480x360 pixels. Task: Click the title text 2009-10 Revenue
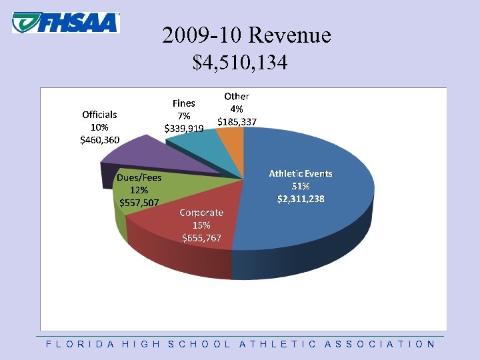[246, 35]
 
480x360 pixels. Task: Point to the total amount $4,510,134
[240, 63]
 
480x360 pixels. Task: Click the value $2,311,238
[301, 198]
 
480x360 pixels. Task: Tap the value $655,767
[202, 237]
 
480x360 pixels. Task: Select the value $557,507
[139, 203]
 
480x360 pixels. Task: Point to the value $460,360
[99, 139]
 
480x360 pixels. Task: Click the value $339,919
[184, 128]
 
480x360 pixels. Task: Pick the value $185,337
[237, 121]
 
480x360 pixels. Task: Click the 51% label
[301, 185]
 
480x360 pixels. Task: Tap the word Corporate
[201, 212]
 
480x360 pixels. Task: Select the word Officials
[99, 114]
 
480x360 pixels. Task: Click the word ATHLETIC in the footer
[277, 344]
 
